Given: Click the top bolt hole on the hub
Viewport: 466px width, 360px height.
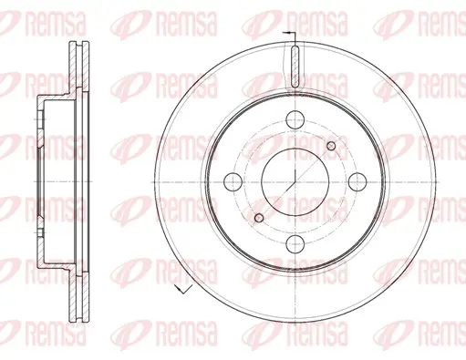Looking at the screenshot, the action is click(295, 119).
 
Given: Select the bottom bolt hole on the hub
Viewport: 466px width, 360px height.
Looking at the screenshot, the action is click(295, 244).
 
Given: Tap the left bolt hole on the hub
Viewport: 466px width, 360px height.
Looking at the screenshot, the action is click(233, 181).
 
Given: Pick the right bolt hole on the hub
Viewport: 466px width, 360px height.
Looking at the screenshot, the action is click(357, 181).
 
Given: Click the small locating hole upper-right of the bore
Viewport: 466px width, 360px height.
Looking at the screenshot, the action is click(331, 146).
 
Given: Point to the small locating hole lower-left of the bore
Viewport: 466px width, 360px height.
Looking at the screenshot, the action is click(259, 218).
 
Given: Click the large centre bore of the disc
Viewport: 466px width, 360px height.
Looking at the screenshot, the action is click(295, 181).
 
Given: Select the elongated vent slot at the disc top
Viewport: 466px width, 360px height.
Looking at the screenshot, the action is click(295, 67).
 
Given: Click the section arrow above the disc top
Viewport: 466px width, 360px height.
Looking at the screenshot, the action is click(289, 33).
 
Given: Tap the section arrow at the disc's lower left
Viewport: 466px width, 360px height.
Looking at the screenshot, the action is click(183, 289).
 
